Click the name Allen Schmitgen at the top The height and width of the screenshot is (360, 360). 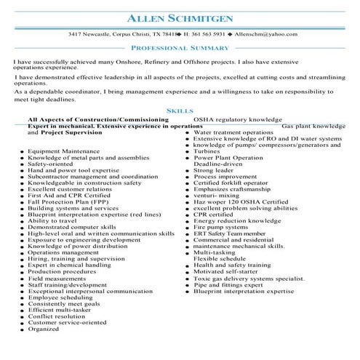coord(180,17)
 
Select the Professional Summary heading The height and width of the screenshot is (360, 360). coord(180,47)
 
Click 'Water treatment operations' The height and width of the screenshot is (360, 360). coord(233,133)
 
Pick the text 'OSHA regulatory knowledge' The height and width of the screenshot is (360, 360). coord(237,118)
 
